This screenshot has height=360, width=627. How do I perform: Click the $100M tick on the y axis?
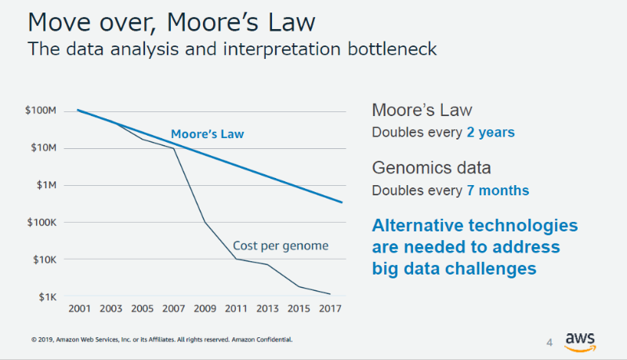[42, 111]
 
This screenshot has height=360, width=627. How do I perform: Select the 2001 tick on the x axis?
[79, 307]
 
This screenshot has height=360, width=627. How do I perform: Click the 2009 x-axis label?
[205, 307]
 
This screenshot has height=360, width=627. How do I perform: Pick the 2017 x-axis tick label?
[330, 307]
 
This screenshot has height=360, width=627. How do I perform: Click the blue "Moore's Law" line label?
[208, 134]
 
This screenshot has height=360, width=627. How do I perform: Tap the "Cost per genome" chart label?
[281, 246]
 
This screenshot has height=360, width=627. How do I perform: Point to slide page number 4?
[549, 342]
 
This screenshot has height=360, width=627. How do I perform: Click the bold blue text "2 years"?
[489, 133]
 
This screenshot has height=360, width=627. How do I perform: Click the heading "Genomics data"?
[432, 168]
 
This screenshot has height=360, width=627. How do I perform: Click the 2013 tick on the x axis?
[267, 307]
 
